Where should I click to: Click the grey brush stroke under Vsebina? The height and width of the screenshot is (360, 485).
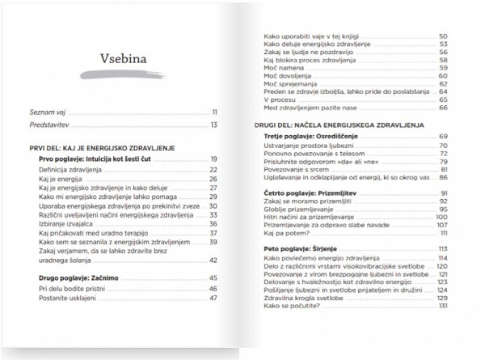(124, 75)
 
